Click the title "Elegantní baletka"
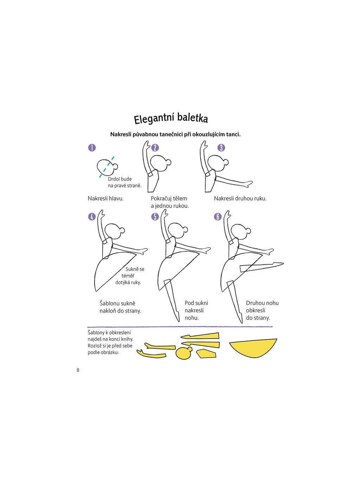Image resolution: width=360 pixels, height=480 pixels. tap(171, 118)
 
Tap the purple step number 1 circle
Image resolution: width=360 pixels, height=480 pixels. tap(92, 148)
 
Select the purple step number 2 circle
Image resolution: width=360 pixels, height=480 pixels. tap(155, 148)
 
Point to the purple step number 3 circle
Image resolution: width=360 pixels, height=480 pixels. tap(221, 148)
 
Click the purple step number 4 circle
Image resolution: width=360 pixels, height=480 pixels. tap(92, 217)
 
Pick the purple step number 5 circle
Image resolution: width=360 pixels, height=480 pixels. tap(155, 217)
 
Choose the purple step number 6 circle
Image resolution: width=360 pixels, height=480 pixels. tap(218, 217)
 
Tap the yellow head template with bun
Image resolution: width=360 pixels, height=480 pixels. tap(184, 353)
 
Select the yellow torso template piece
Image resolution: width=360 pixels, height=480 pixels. tap(206, 354)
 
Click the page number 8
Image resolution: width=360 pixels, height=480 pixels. tap(78, 370)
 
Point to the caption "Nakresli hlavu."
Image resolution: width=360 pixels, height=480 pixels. tap(105, 198)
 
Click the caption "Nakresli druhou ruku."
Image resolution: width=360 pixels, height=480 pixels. tap(240, 198)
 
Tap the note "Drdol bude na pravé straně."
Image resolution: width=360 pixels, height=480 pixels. tap(124, 182)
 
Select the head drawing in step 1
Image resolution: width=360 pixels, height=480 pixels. tap(105, 167)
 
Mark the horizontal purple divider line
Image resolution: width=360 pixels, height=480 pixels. tap(180, 327)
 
